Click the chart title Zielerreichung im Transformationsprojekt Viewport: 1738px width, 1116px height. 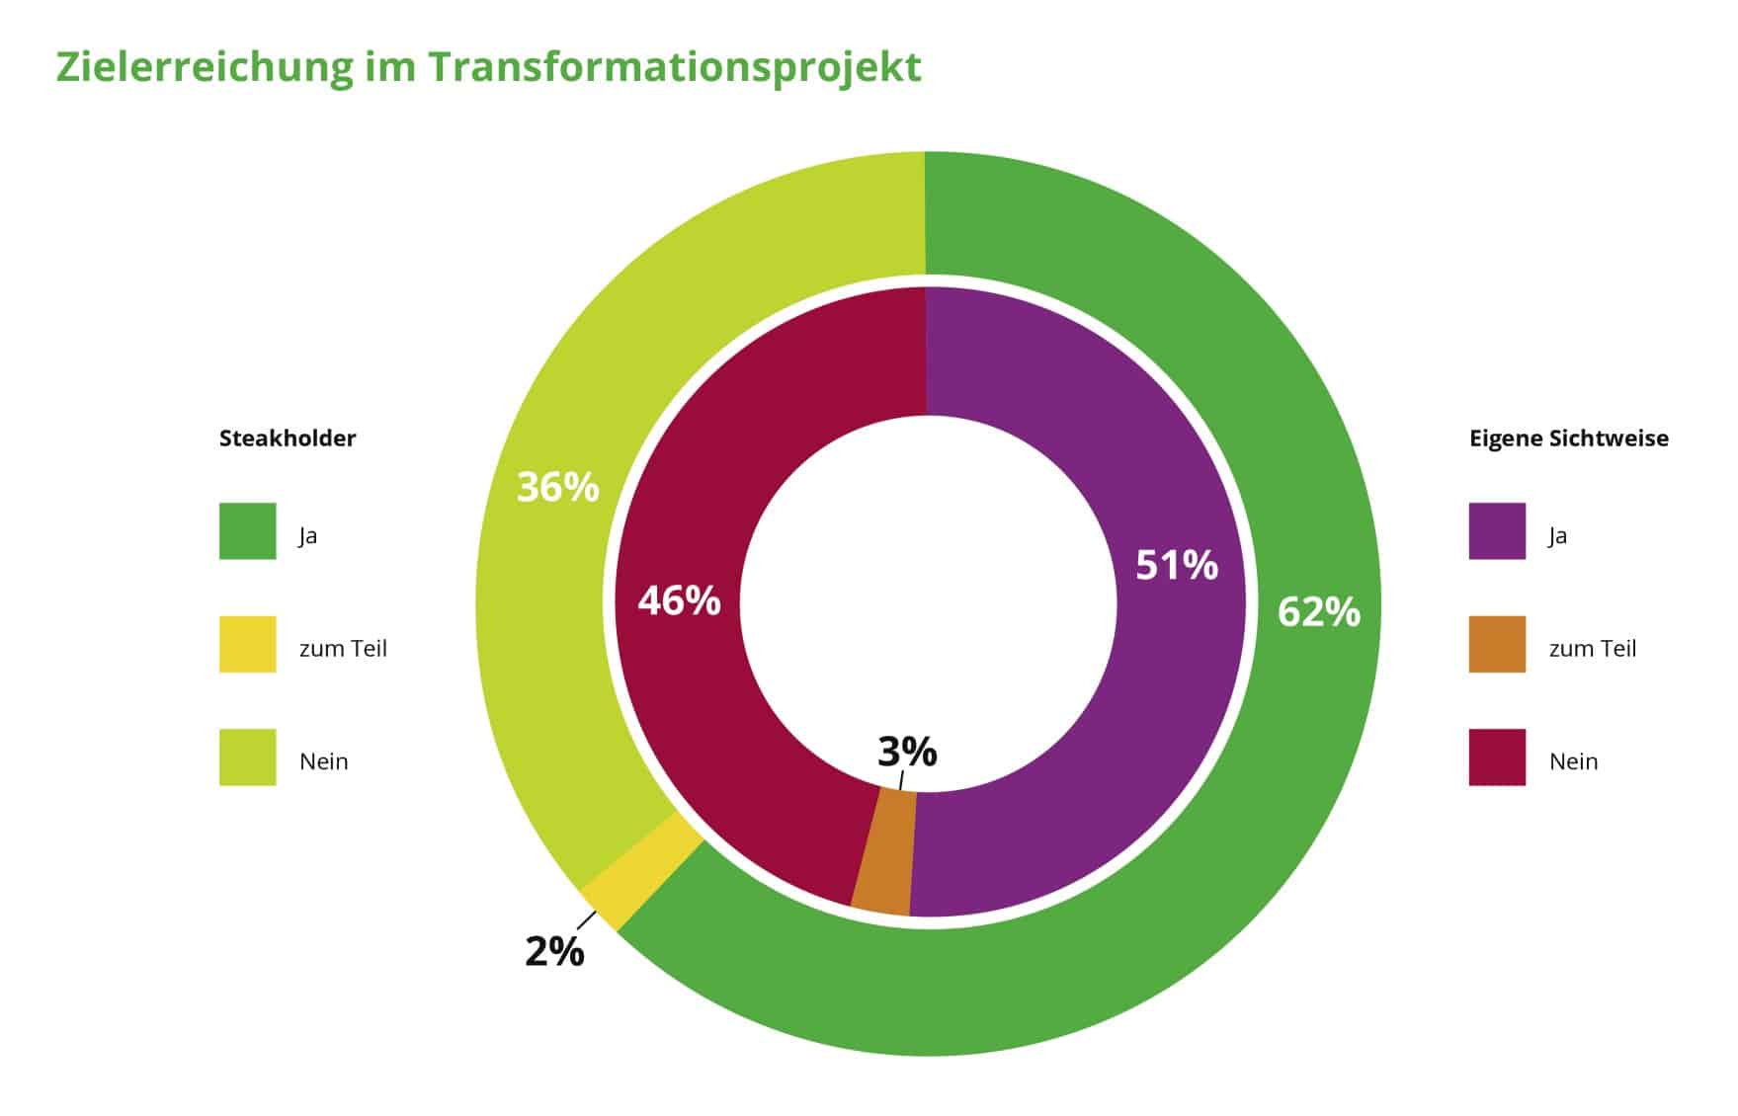click(x=488, y=67)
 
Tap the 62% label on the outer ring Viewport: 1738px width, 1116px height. click(x=1318, y=612)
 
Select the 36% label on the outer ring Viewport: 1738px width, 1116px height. click(x=557, y=488)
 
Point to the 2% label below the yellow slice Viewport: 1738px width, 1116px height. click(x=554, y=952)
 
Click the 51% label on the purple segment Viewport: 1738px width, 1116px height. click(x=1176, y=565)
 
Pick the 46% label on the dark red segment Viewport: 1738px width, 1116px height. click(x=679, y=600)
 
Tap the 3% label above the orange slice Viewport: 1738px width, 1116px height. click(x=907, y=753)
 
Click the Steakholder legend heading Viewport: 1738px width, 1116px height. click(x=288, y=438)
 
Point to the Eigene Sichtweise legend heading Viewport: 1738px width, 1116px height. click(x=1568, y=438)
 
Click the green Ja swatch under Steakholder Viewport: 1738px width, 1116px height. click(x=247, y=531)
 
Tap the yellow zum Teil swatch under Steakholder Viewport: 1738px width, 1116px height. click(x=247, y=645)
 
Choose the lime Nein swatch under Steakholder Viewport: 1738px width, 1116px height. click(x=247, y=757)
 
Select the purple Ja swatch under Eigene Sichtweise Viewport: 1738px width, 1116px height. click(x=1496, y=531)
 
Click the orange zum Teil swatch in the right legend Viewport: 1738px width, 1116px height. click(x=1496, y=645)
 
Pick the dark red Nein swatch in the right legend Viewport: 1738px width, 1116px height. click(x=1496, y=757)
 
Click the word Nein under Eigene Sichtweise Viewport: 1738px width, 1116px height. click(x=1573, y=761)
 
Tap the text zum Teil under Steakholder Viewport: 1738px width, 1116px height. click(x=343, y=649)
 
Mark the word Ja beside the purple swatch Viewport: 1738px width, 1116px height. click(x=1557, y=536)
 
